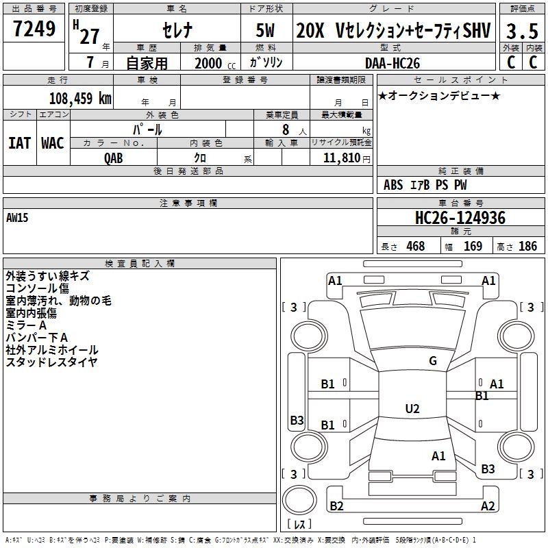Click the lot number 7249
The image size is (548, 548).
pyautogui.click(x=34, y=29)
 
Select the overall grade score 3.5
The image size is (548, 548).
pyautogui.click(x=522, y=31)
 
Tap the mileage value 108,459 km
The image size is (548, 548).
pyautogui.click(x=80, y=98)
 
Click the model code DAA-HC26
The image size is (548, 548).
pyautogui.click(x=392, y=63)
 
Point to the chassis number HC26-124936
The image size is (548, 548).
pyautogui.click(x=460, y=217)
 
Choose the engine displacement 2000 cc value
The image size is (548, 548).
pyautogui.click(x=215, y=63)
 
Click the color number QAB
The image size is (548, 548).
pyautogui.click(x=113, y=158)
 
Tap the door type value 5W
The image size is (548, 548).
pyautogui.click(x=265, y=30)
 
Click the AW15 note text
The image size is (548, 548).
pyautogui.click(x=17, y=218)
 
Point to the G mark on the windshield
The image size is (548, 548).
pyautogui.click(x=433, y=360)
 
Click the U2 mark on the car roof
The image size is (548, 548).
pyautogui.click(x=412, y=408)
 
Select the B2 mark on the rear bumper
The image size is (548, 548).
pyautogui.click(x=336, y=506)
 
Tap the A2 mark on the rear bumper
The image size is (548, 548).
pyautogui.click(x=488, y=506)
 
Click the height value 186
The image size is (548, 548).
pyautogui.click(x=527, y=246)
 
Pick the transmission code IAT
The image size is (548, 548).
pyautogui.click(x=19, y=143)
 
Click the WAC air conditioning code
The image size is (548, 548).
pyautogui.click(x=53, y=143)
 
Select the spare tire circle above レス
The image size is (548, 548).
pyautogui.click(x=299, y=500)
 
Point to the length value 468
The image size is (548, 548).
pyautogui.click(x=416, y=246)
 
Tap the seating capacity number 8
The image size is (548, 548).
pyautogui.click(x=286, y=129)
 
